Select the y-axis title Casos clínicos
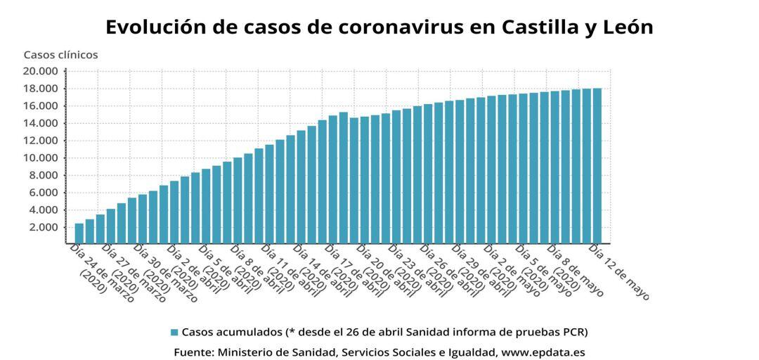60,54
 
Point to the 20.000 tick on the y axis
41,71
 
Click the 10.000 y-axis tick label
41,157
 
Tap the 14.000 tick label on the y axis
41,123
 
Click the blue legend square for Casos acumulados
174,332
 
